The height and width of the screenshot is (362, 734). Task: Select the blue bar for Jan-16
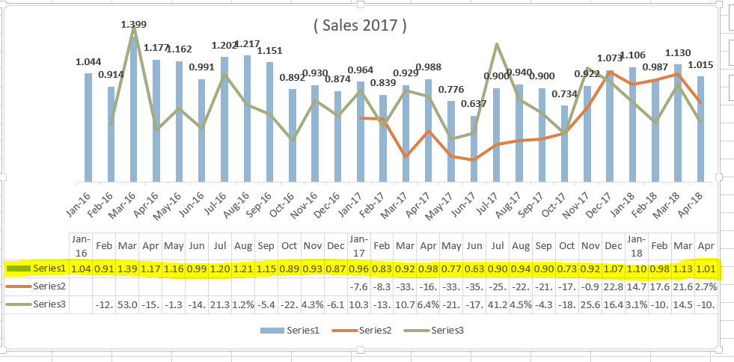(88, 127)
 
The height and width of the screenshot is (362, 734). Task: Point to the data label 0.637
(473, 103)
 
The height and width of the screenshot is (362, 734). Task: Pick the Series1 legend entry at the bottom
(285, 330)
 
